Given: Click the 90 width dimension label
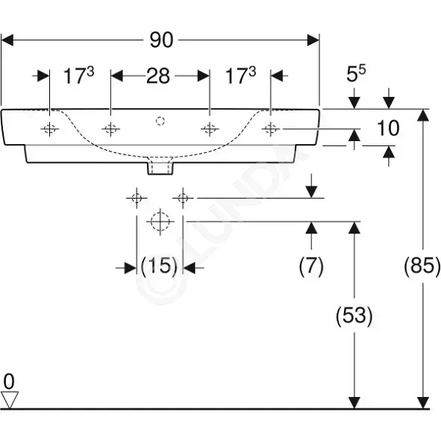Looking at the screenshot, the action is (161, 40).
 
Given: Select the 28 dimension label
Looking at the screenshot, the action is (158, 76).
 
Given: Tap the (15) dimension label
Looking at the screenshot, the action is (159, 266).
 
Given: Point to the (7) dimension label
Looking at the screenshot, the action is (311, 266).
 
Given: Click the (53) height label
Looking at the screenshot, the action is (354, 316).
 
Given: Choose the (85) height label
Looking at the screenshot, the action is (422, 266).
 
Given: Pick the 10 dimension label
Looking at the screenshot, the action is (388, 128).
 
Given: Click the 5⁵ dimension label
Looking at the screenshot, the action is (356, 73).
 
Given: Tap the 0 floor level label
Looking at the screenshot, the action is (9, 381).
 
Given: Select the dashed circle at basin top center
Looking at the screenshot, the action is (160, 121).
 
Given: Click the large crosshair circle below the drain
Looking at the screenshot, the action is (160, 222).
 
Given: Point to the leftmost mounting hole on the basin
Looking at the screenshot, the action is (49, 129).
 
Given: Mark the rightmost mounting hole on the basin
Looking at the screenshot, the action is (271, 129).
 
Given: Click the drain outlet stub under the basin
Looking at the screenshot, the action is (160, 168).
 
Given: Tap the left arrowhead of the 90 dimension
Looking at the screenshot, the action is (7, 40).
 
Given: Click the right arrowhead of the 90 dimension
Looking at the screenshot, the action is (313, 40).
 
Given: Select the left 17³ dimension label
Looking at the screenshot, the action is (79, 75).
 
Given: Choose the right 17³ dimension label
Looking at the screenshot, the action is (241, 75).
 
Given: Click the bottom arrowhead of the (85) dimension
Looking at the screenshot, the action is (423, 402).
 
